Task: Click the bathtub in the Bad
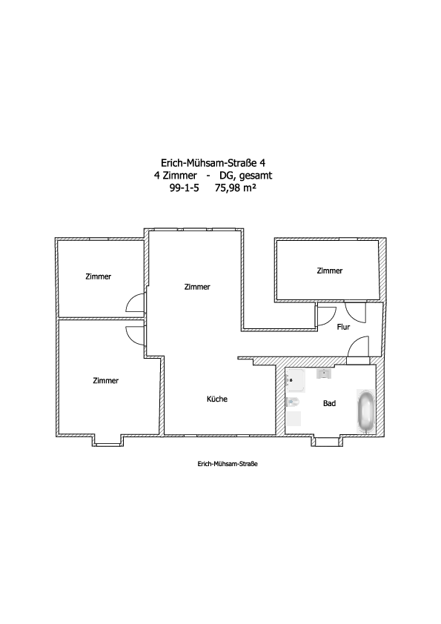click(x=366, y=411)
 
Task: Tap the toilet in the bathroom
click(x=292, y=402)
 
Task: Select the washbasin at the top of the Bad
click(x=324, y=374)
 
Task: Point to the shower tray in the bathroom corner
click(x=295, y=380)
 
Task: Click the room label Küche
click(x=217, y=399)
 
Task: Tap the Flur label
click(x=343, y=327)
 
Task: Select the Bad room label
click(x=330, y=403)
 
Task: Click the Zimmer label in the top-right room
click(x=330, y=270)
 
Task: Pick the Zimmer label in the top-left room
click(x=99, y=276)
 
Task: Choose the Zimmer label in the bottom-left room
click(x=106, y=380)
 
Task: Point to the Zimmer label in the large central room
click(x=197, y=287)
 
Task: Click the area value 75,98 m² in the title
click(x=235, y=188)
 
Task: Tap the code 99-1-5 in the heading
click(x=185, y=188)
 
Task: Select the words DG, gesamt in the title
click(x=246, y=176)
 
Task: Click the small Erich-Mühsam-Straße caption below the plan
click(x=228, y=464)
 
